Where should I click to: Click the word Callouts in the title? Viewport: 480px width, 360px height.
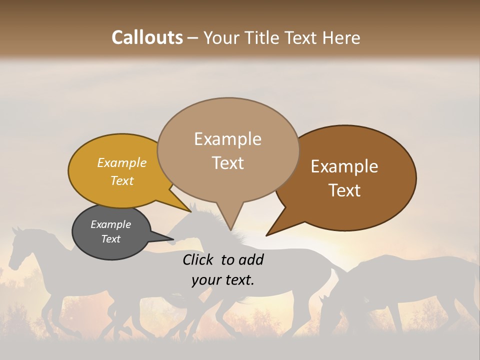pos(147,37)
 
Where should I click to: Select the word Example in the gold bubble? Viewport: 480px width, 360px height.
pos(121,162)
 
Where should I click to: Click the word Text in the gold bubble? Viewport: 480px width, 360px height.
pos(121,180)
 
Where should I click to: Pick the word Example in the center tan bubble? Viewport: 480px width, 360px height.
pos(227,139)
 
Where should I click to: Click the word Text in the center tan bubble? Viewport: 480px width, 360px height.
pos(227,163)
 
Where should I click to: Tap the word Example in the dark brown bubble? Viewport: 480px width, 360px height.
pos(344,166)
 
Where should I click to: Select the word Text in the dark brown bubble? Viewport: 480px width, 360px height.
pos(344,190)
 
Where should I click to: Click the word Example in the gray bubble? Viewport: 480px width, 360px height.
pos(110,224)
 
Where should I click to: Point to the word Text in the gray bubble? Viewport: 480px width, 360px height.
pos(110,239)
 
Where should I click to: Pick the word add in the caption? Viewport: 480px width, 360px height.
pos(251,259)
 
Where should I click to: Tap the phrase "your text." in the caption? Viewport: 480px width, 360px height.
pos(222,280)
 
